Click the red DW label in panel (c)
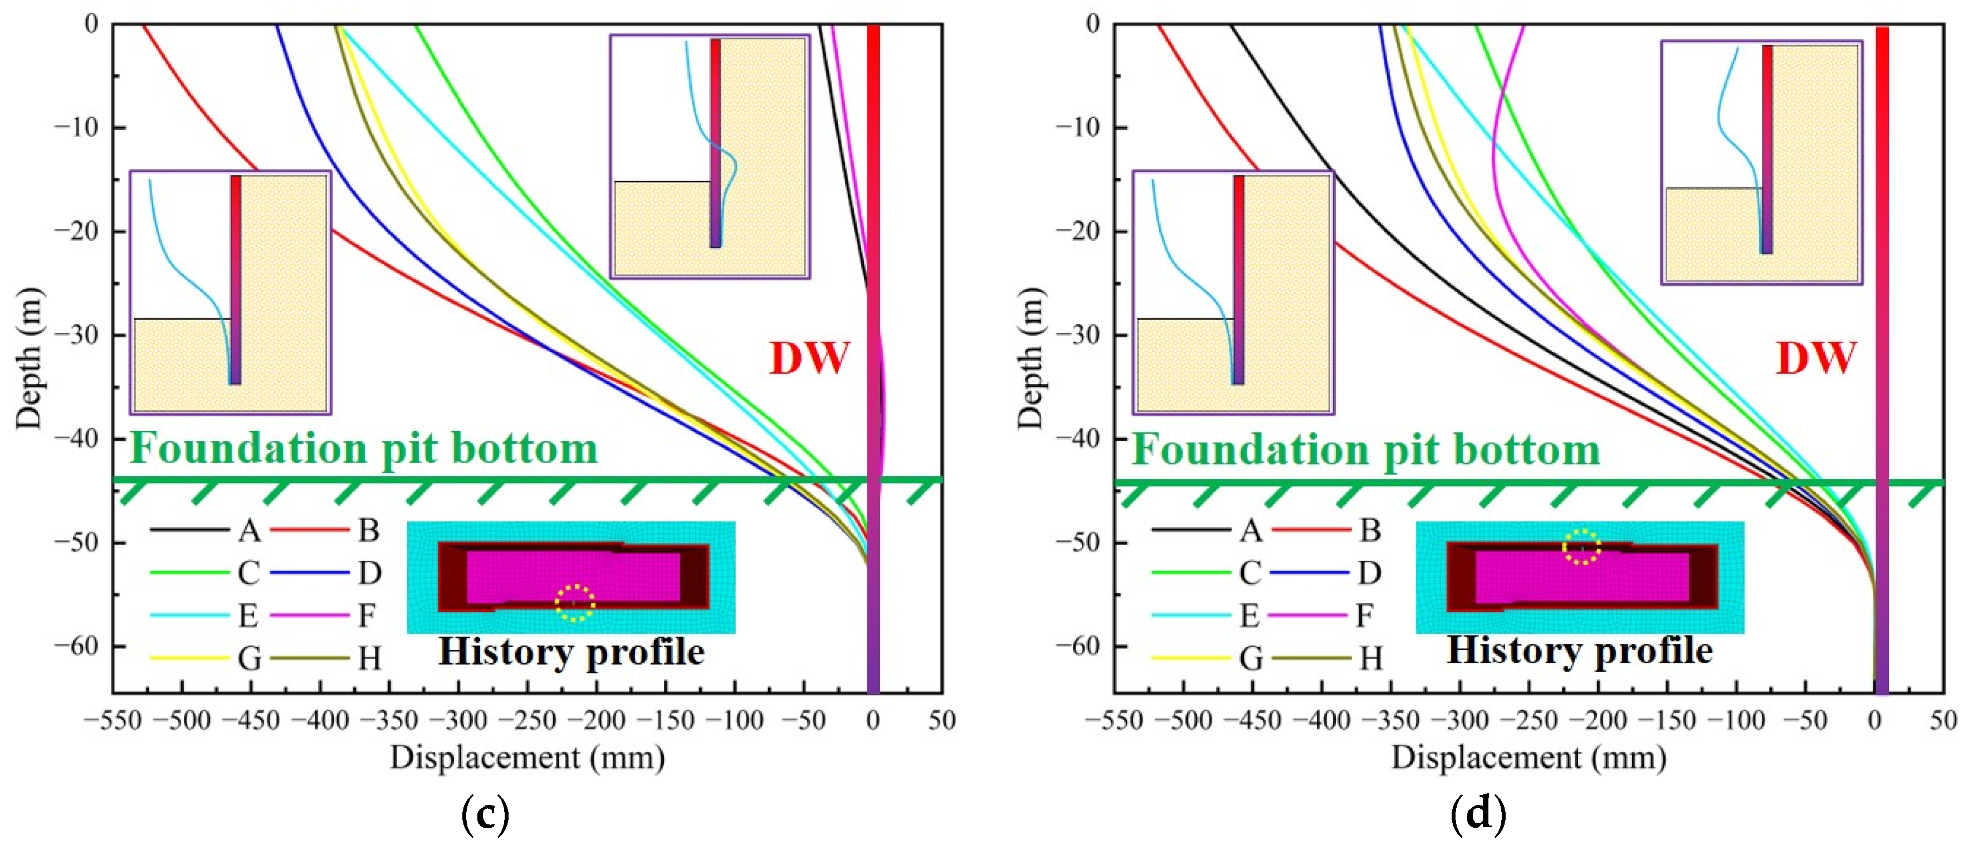[x=809, y=358]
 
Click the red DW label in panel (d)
[x=1815, y=358]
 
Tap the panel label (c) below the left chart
[x=486, y=815]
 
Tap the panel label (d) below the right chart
[x=1478, y=815]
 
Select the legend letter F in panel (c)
[x=368, y=615]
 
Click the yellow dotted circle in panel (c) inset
[x=574, y=603]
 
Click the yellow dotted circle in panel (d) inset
[x=1581, y=547]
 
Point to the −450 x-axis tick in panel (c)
[x=251, y=721]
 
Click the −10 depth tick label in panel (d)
[x=1080, y=127]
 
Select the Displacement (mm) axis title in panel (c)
[x=527, y=758]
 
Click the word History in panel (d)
[x=1503, y=651]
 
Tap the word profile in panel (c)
[x=646, y=653]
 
